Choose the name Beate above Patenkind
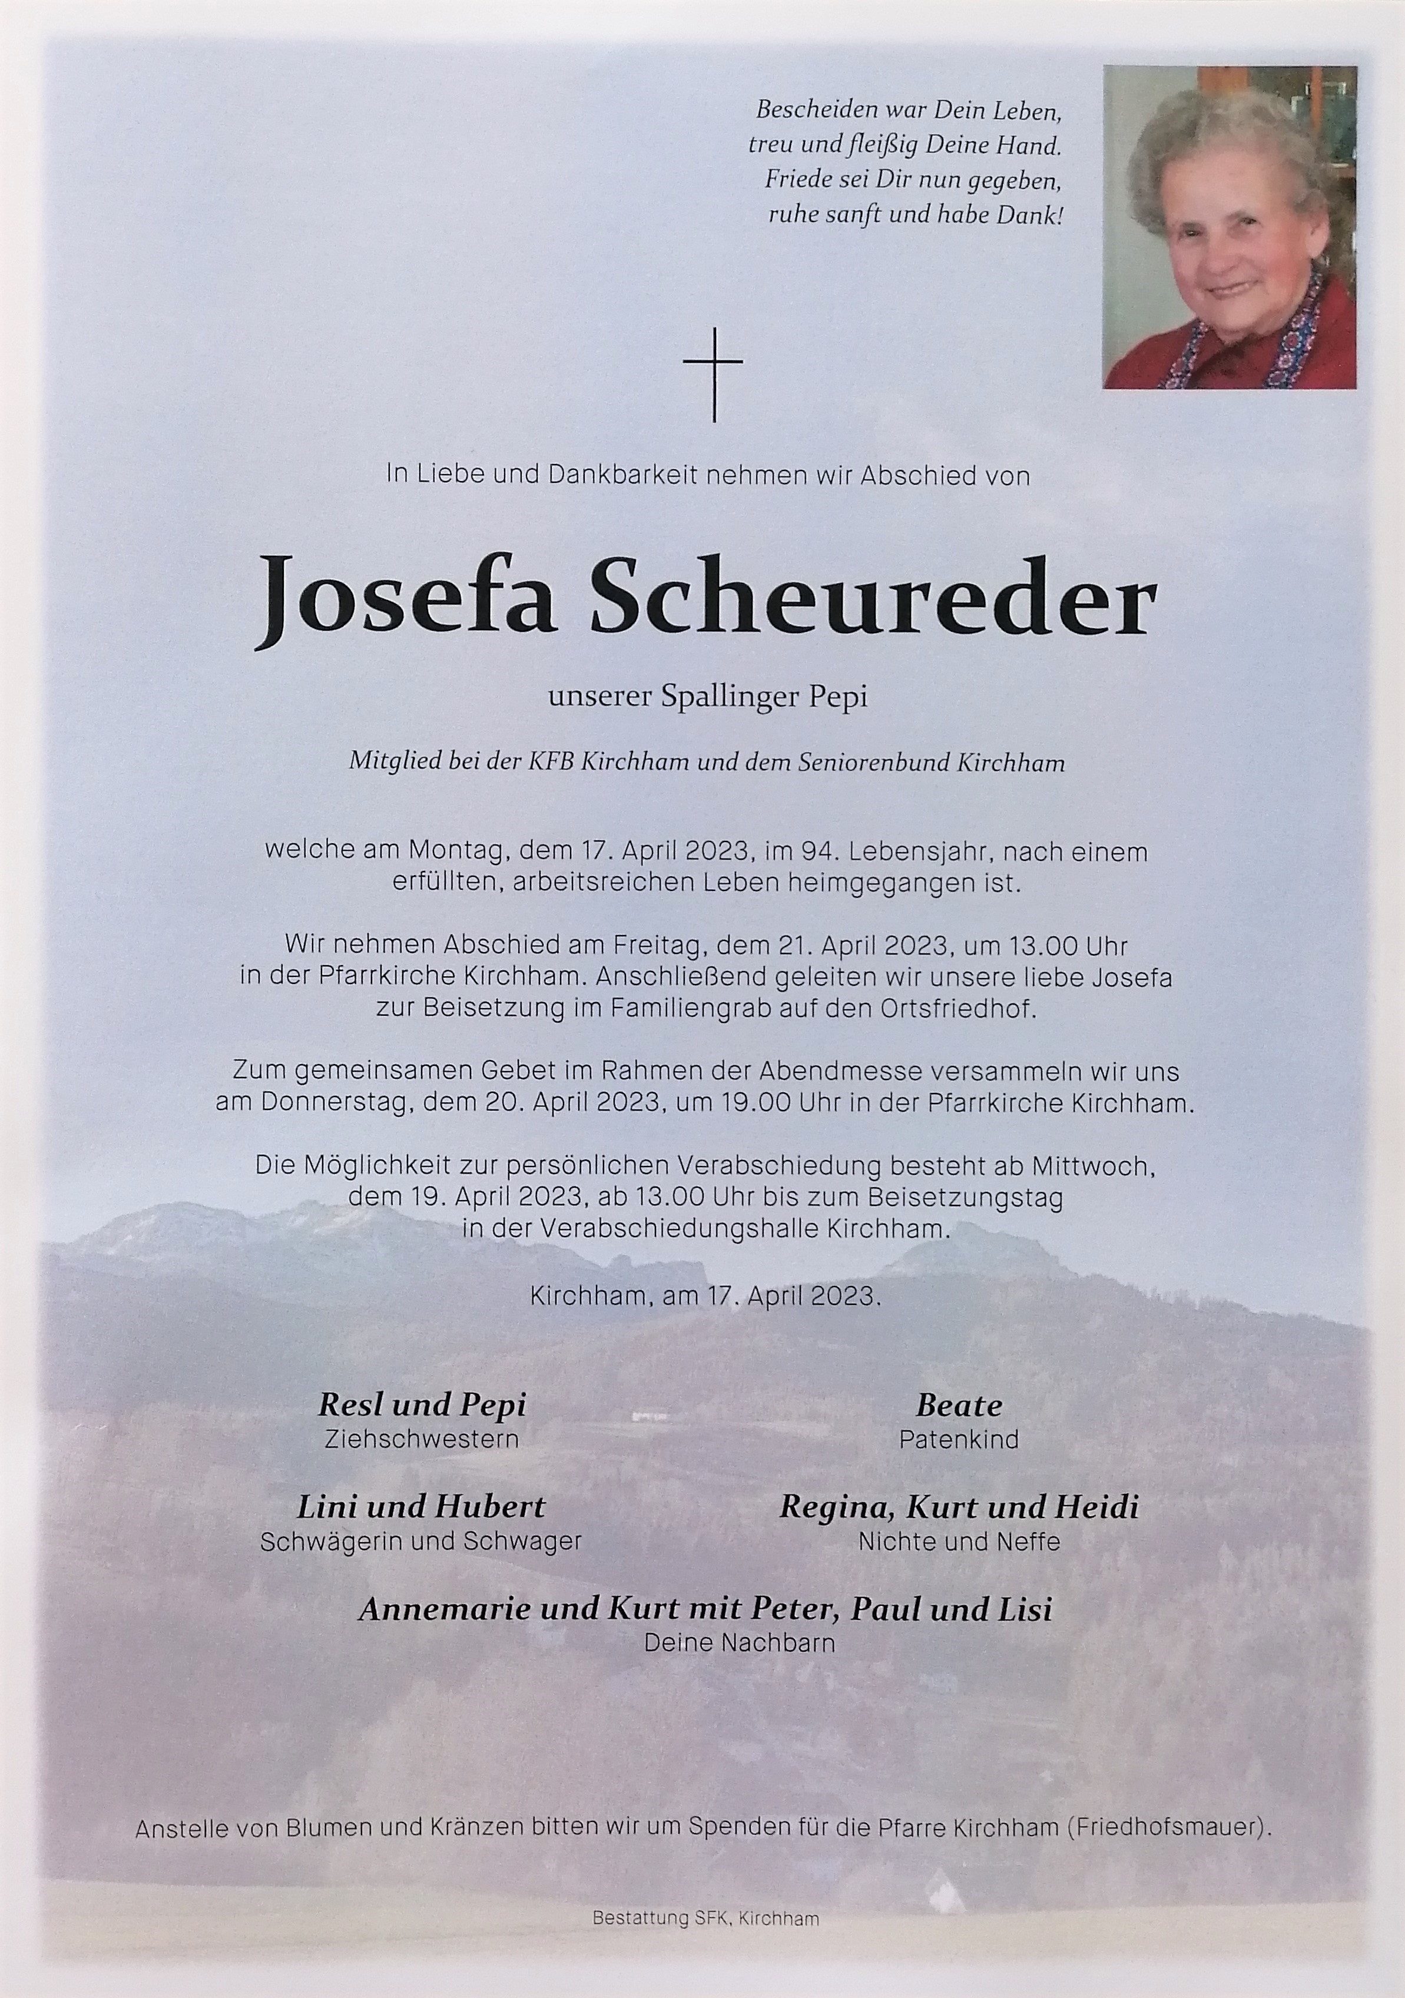959,1406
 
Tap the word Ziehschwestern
421,1439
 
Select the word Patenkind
959,1439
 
